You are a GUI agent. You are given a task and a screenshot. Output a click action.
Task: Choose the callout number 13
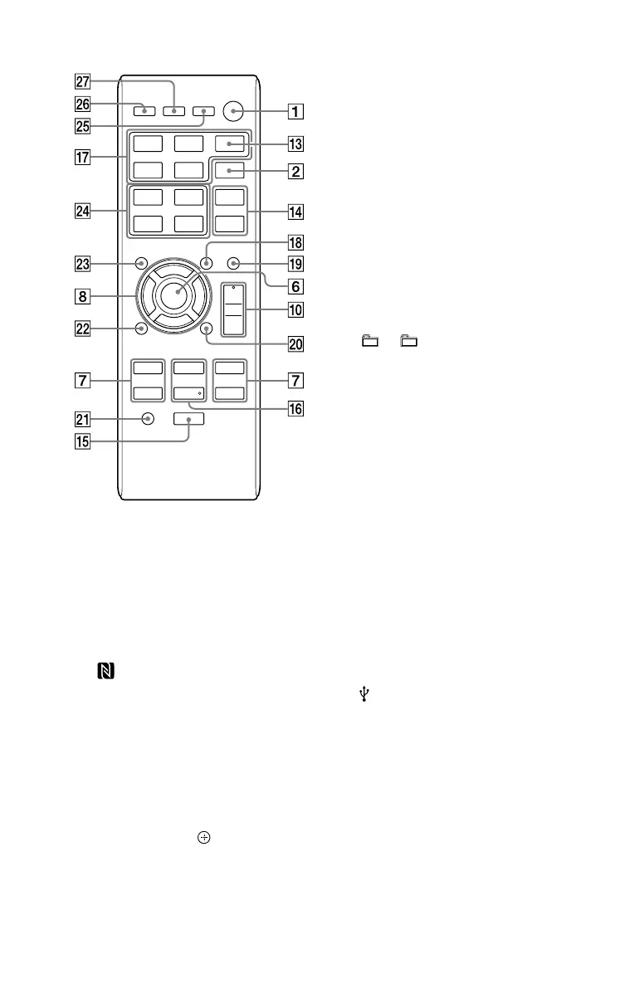tap(296, 144)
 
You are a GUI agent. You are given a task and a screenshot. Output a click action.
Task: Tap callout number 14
tap(296, 211)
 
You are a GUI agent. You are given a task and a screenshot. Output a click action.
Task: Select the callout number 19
tap(296, 265)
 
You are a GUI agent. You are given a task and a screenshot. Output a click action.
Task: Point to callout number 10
tap(296, 311)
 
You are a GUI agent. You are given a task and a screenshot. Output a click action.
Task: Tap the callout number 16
tap(296, 407)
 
